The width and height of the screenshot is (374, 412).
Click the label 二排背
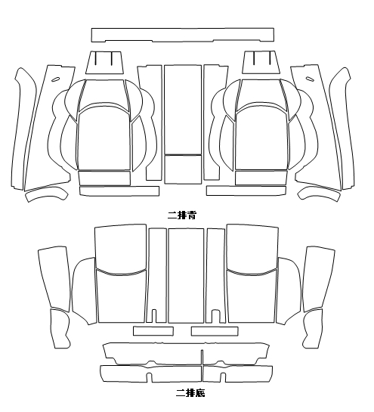(x=182, y=215)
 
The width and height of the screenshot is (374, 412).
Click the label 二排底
(x=190, y=393)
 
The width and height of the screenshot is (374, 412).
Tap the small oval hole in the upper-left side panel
(x=55, y=79)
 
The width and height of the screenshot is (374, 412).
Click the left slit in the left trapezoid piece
(x=96, y=58)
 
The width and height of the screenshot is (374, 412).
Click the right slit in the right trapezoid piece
(x=270, y=57)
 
